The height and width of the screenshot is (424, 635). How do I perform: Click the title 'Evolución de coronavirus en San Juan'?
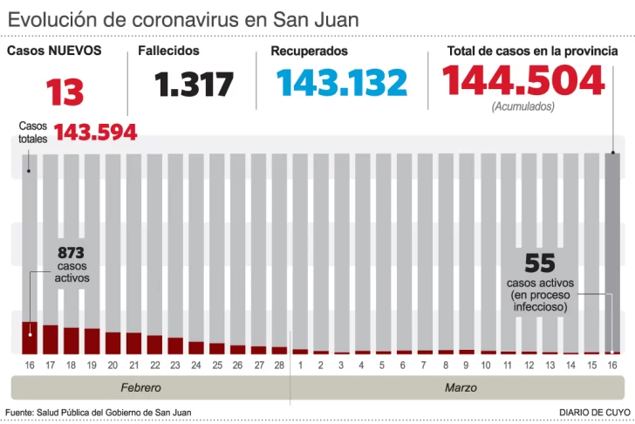183,19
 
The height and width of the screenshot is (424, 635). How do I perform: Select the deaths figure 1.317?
195,85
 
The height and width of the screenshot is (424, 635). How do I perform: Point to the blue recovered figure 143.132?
341,83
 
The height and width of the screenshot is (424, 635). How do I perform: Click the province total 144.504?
523,80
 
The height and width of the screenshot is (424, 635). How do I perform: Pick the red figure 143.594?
96,132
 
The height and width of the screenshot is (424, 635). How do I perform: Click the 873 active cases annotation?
71,253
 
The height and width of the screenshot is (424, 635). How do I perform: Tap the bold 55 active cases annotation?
541,262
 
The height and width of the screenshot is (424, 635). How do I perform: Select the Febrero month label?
140,386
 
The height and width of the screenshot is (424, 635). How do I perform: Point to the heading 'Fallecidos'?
168,51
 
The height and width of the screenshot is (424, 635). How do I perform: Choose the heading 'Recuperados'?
309,51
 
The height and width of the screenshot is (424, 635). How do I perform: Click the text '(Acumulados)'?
522,106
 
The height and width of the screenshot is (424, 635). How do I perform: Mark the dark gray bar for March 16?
612,253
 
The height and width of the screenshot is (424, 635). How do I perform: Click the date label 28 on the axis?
279,365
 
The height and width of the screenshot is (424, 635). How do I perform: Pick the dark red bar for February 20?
113,342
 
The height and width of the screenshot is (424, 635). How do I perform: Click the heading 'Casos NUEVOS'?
54,51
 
